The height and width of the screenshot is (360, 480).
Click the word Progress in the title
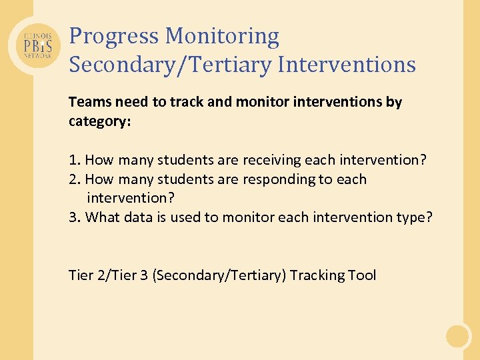click(x=114, y=36)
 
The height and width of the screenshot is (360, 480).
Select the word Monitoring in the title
click(x=223, y=36)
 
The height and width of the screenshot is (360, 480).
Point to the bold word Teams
click(x=89, y=102)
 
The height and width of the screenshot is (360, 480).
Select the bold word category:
click(x=99, y=122)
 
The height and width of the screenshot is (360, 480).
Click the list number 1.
click(x=74, y=160)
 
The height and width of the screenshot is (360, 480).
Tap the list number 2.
click(x=74, y=179)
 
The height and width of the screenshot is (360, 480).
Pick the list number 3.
click(x=74, y=217)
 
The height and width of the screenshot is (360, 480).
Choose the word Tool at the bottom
click(x=362, y=275)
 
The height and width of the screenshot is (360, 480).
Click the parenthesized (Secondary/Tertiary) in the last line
click(x=219, y=275)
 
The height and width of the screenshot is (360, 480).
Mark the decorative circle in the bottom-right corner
click(x=458, y=335)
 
